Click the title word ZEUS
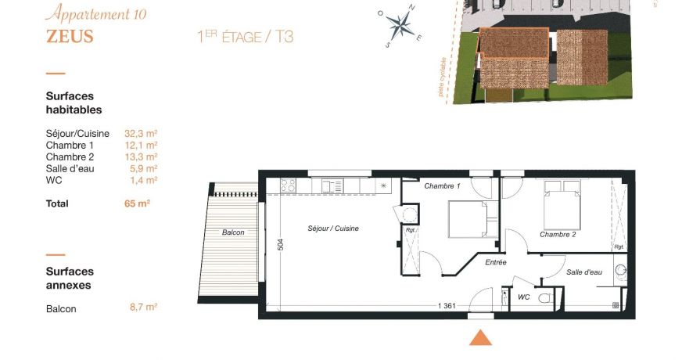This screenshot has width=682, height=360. [x=70, y=36]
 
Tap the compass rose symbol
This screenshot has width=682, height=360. [x=401, y=26]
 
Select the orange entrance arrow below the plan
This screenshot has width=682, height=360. [x=480, y=337]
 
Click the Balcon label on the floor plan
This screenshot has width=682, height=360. [x=233, y=232]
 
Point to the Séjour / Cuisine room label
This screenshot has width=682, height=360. [x=333, y=229]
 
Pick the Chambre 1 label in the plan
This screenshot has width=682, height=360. [x=442, y=186]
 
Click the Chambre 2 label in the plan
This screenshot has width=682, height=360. [x=558, y=235]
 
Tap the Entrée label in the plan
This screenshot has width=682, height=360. [x=496, y=262]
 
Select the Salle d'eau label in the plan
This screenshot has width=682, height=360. [x=584, y=272]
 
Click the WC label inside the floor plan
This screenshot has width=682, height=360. [x=525, y=297]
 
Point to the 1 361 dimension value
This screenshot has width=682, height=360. [x=448, y=306]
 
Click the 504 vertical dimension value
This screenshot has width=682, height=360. [x=281, y=244]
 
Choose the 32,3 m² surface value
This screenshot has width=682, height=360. [x=141, y=133]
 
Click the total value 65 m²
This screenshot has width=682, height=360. [x=138, y=203]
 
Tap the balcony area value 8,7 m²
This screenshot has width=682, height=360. [x=143, y=308]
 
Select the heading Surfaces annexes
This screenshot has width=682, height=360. [x=70, y=279]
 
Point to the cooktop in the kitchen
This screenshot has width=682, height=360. [x=288, y=186]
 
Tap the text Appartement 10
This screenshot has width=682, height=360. [x=95, y=13]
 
